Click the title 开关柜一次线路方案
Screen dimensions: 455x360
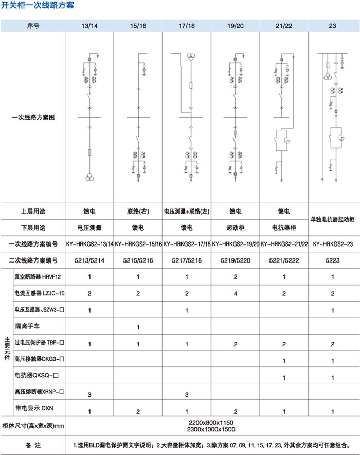(x=37, y=6)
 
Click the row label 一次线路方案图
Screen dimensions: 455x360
(x=33, y=118)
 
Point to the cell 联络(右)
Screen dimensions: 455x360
(x=137, y=212)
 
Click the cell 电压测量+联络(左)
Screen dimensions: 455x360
(x=186, y=212)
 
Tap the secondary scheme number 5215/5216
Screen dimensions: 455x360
(x=137, y=260)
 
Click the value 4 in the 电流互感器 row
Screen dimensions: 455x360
(x=235, y=294)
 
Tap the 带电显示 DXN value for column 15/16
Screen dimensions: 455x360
(x=137, y=411)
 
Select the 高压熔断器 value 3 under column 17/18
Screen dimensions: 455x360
(x=186, y=394)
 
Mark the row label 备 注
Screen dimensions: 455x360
(x=32, y=444)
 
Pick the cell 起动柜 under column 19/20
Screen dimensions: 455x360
(x=235, y=227)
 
